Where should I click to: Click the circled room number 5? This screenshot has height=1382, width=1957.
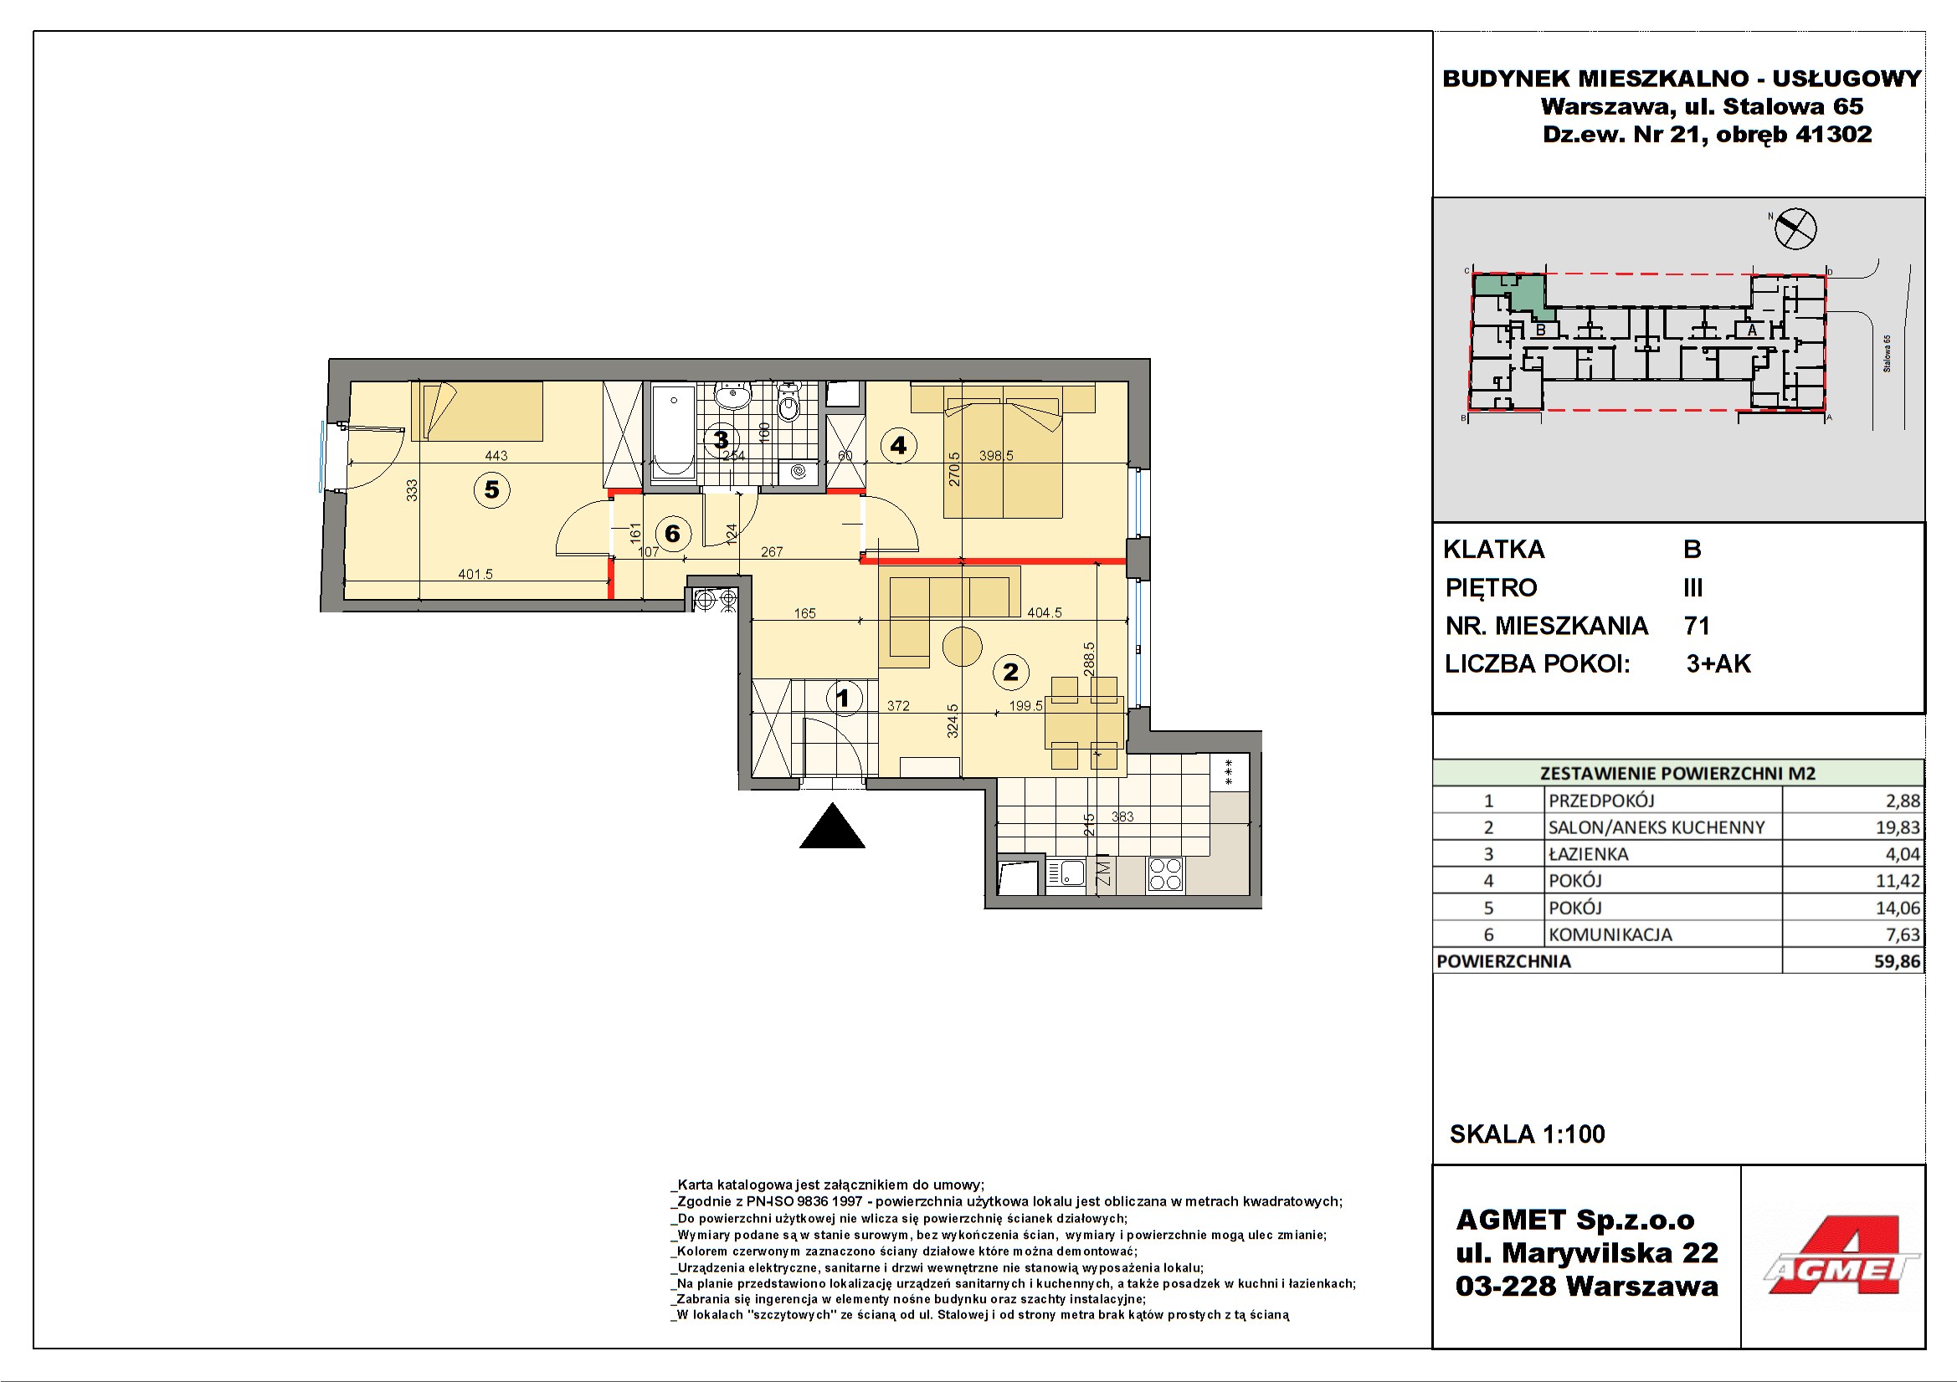point(492,490)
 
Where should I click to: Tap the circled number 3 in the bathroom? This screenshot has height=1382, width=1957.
point(721,440)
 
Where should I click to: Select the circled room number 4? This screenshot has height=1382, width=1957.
point(898,445)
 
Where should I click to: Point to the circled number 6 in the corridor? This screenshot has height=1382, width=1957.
point(672,534)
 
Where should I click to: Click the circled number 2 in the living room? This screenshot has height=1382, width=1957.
point(1011,673)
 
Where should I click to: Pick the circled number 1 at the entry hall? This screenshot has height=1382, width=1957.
point(844,699)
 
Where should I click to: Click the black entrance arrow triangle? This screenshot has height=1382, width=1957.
point(832,826)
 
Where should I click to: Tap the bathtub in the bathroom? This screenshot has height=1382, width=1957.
point(673,432)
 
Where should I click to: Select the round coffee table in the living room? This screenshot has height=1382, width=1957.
point(963,646)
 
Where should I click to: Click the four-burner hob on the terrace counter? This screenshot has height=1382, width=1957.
point(1165,874)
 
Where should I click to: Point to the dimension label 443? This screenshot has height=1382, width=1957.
point(496,456)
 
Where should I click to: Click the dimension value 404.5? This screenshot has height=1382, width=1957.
point(1045,612)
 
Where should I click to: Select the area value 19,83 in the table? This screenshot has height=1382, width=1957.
point(1898,827)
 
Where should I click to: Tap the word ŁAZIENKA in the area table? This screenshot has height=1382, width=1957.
point(1589,854)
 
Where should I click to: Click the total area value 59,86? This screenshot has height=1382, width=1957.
point(1898,961)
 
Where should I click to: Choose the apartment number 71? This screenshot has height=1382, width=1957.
point(1696,627)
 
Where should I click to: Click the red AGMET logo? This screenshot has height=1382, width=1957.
point(1841,1255)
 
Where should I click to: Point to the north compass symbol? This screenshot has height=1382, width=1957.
point(1795,228)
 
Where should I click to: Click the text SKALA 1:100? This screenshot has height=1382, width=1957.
point(1528,1134)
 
